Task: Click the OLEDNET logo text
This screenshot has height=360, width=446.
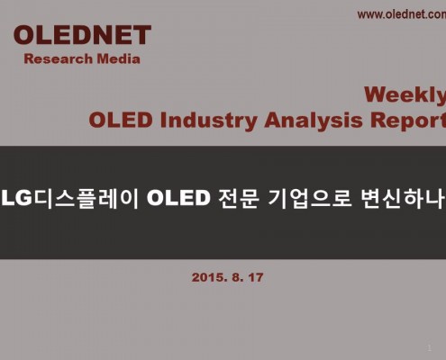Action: [82, 35]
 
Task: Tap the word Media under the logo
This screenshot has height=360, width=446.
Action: [119, 58]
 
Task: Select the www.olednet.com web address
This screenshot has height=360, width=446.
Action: [402, 14]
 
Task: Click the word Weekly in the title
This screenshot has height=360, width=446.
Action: [405, 95]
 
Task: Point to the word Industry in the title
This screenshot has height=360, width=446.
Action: [208, 121]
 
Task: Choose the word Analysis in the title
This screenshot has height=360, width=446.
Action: [314, 121]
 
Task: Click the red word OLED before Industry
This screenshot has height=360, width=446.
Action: [121, 120]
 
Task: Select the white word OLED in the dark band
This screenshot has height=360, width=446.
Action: [178, 198]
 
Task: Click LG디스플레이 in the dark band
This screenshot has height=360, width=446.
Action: [69, 198]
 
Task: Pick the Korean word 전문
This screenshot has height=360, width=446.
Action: [239, 198]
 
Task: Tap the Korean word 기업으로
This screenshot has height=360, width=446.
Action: [309, 198]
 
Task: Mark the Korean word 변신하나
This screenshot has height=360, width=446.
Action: [403, 198]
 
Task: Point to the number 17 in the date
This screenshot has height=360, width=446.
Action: [256, 277]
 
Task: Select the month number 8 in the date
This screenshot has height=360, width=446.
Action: [236, 277]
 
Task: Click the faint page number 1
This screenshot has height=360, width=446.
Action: [430, 348]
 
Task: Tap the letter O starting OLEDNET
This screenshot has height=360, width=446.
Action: [24, 35]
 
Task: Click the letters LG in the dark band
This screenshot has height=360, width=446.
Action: [17, 198]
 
